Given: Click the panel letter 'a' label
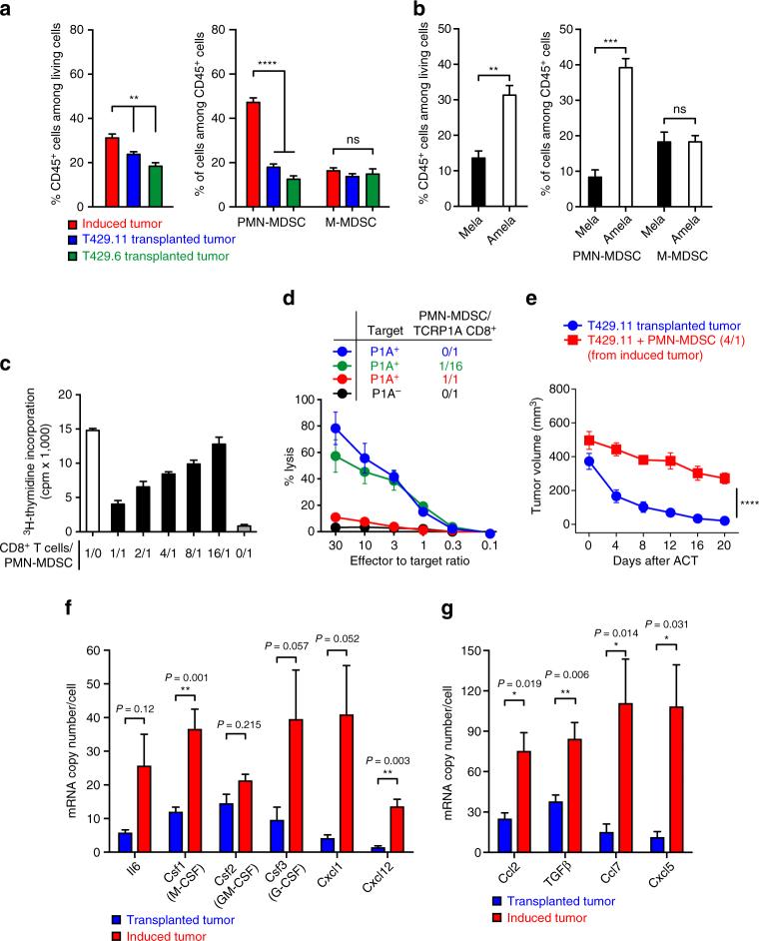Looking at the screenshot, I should [9, 10].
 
